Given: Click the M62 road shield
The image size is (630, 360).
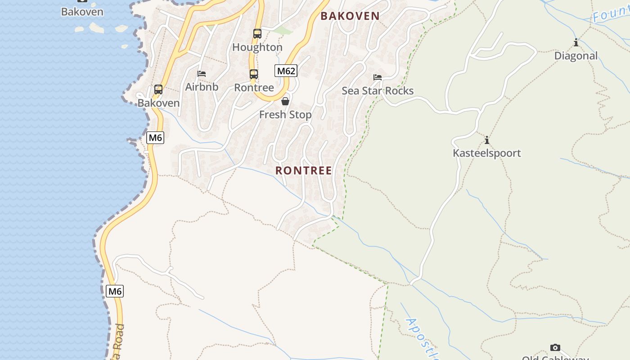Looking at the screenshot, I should tap(286, 71).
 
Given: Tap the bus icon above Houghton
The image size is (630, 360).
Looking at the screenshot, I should tap(257, 34).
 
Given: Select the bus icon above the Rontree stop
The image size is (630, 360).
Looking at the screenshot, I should tap(254, 74).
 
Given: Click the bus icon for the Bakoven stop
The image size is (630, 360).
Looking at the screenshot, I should tap(158, 90).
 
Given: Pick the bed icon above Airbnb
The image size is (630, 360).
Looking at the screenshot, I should tap(202, 74).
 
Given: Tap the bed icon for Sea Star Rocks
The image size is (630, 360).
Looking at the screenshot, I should tap(378, 77).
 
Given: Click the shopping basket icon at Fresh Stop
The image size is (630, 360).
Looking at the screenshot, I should tap(285, 101).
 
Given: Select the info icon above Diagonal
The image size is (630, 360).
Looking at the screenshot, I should tap(576, 43).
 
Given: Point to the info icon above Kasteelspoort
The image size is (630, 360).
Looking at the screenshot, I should tap(486, 140).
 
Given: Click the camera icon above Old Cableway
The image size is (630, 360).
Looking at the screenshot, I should tap(555, 347).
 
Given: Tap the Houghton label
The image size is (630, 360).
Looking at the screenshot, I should tap(257, 47).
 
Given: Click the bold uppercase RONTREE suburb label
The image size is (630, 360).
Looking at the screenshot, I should tap(304, 171).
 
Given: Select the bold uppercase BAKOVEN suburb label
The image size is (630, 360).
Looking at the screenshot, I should tap(350, 16).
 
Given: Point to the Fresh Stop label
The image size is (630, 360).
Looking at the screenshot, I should tap(285, 115).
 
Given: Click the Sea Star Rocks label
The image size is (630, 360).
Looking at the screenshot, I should tap(378, 91).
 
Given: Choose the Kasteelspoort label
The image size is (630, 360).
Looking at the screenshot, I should tap(486, 153).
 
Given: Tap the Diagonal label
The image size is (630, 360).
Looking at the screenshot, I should tap(576, 56).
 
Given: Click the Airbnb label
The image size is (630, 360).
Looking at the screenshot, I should tap(202, 87).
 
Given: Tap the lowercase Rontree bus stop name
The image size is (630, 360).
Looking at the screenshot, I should tap(254, 87).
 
